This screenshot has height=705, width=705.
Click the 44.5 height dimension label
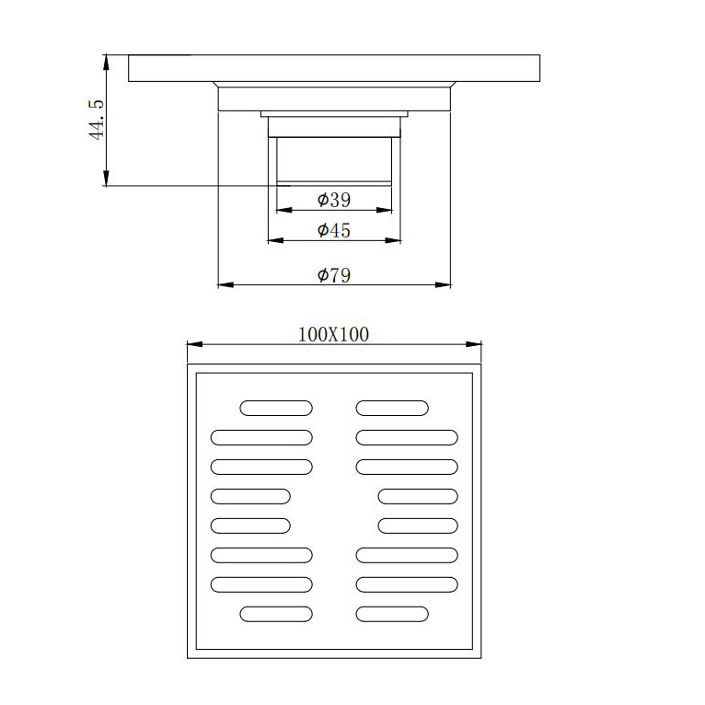[96, 121]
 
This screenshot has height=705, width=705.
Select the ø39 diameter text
[333, 200]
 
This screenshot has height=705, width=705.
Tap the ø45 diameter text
[333, 230]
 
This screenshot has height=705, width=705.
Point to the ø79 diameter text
[333, 274]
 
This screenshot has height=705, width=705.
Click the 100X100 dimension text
[333, 334]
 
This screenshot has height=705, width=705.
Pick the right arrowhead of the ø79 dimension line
[446, 285]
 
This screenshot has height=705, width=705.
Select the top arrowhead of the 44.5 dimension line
[107, 61]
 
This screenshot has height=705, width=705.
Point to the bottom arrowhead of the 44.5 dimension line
[107, 180]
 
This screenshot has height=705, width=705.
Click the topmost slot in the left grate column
[276, 408]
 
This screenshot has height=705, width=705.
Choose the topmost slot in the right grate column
[392, 408]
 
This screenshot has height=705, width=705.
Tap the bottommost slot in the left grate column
[276, 614]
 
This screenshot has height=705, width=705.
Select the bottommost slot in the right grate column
[392, 614]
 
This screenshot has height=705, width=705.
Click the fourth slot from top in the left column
[250, 496]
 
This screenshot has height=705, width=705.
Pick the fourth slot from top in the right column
[418, 496]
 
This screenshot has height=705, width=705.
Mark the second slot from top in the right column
[407, 437]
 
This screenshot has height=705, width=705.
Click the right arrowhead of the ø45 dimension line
[397, 241]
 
